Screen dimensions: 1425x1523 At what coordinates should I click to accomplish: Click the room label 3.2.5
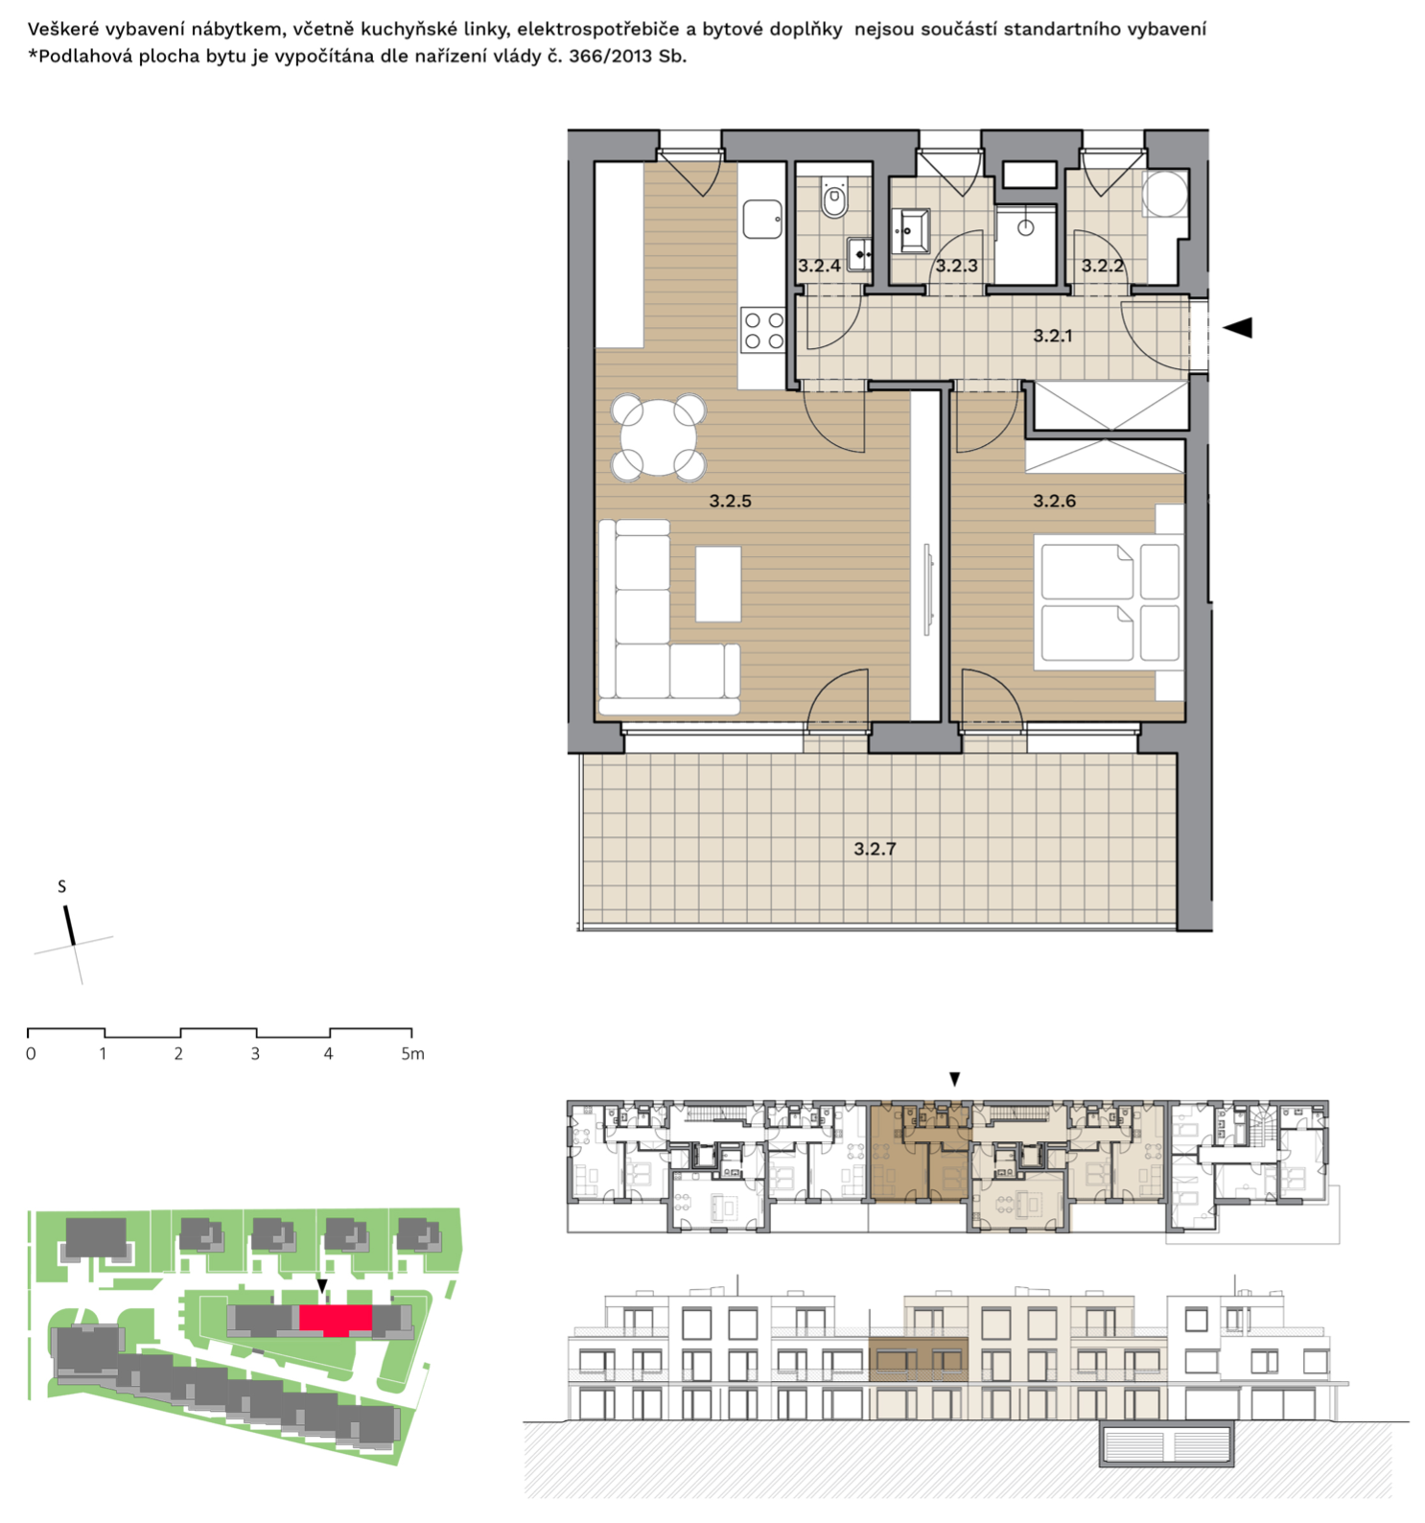click(730, 501)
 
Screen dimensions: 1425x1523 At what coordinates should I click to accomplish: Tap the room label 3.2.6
click(1054, 501)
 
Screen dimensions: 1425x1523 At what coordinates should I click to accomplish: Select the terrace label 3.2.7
click(875, 849)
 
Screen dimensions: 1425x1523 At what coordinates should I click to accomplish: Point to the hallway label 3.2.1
click(1053, 336)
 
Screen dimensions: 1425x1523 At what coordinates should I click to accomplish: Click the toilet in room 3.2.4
click(834, 199)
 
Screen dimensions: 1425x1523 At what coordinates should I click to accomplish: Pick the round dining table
click(659, 437)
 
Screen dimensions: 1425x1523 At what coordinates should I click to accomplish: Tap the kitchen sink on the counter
click(762, 220)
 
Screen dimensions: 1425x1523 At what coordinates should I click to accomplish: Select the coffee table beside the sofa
click(718, 584)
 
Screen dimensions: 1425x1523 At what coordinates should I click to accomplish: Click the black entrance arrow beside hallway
click(1238, 327)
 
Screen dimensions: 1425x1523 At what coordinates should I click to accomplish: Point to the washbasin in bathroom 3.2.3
click(910, 231)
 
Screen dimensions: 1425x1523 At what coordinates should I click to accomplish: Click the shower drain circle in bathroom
click(1026, 228)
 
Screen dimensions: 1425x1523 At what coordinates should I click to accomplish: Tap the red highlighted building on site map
click(335, 1320)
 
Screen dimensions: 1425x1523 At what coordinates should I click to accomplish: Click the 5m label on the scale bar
click(412, 1053)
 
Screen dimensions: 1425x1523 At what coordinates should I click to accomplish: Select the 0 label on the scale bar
click(31, 1053)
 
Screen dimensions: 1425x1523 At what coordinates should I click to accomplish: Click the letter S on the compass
click(62, 886)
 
